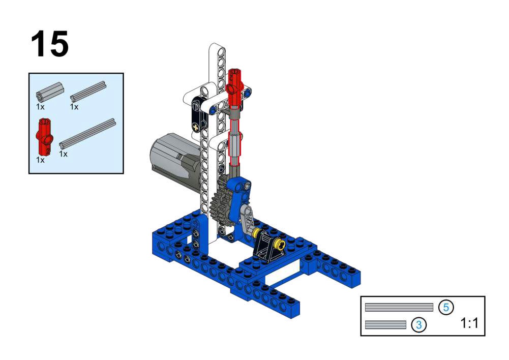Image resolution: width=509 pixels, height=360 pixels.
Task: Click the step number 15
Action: point(50,44)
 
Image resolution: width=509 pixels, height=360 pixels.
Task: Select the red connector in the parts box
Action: point(44,137)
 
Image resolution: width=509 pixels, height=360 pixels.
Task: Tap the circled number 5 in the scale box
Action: point(446,307)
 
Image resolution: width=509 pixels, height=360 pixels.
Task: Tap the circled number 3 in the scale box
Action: point(419,324)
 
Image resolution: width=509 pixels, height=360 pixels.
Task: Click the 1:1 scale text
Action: point(469,323)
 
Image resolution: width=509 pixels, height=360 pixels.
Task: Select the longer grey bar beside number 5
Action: point(399,307)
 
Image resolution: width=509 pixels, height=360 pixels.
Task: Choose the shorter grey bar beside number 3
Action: point(385,324)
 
